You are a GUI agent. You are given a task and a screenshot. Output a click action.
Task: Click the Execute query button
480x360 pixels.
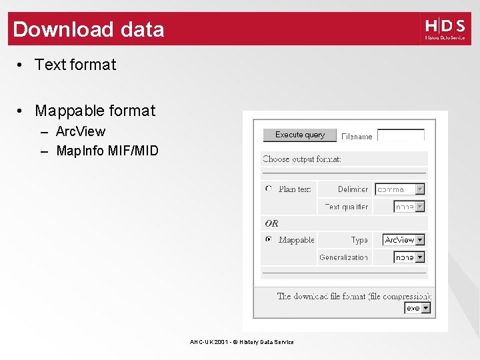point(300,135)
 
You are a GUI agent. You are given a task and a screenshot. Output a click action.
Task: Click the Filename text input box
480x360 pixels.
point(401,135)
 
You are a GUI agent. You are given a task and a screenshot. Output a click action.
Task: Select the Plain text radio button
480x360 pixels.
point(269,189)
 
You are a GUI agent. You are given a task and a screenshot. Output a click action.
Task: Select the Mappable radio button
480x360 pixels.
point(269,239)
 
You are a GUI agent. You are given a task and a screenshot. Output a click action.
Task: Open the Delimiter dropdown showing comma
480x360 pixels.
point(399,189)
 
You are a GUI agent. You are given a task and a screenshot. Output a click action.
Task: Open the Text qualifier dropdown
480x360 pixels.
point(409,207)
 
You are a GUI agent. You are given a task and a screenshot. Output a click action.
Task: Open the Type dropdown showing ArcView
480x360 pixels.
point(404,239)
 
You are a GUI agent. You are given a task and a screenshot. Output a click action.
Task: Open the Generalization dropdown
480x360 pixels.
point(409,257)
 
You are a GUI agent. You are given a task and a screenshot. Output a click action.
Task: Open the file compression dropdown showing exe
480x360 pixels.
point(418,308)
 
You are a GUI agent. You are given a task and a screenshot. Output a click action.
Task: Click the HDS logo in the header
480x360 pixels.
point(445,29)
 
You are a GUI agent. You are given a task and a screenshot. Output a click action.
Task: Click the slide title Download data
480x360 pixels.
point(89,29)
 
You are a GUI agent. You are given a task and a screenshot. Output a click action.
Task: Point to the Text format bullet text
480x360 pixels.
point(75,65)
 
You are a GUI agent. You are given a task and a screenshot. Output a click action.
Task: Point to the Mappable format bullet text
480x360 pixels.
point(95,111)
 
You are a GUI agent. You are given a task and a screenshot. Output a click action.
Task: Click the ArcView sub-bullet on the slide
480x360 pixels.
point(81,131)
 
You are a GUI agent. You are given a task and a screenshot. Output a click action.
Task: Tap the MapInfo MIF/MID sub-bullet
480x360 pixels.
point(107,151)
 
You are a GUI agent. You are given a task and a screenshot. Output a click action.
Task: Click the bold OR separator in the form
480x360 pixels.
point(271,223)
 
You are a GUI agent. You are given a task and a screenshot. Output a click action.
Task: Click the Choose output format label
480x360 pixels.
point(302,159)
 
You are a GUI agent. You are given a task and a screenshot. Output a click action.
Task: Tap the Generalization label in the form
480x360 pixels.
point(343,257)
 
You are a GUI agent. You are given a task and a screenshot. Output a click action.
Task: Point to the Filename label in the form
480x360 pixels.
point(357,137)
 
